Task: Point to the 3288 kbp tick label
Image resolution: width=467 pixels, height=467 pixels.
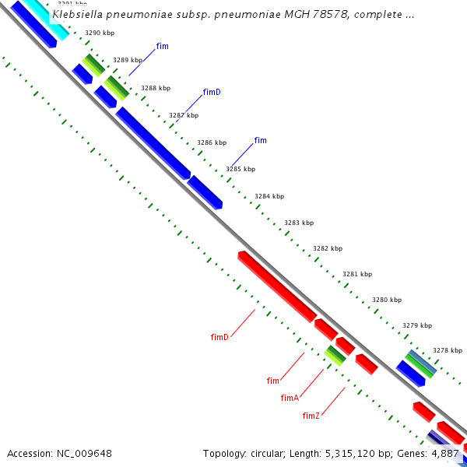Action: click(155, 88)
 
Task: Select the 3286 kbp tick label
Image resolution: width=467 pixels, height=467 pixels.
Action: click(212, 142)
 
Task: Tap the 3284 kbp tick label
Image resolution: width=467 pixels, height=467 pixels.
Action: click(269, 196)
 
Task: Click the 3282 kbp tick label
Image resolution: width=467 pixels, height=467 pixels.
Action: click(328, 248)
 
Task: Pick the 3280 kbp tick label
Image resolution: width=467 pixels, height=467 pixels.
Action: click(387, 300)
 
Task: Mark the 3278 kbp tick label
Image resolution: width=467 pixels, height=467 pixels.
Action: click(448, 350)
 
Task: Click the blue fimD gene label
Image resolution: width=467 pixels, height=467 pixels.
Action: click(212, 92)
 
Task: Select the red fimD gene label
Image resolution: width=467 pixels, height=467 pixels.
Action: click(219, 337)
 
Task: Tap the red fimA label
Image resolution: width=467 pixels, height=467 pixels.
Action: click(290, 398)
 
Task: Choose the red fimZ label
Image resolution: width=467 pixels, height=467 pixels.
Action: click(311, 416)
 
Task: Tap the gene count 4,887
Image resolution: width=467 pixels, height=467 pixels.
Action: click(446, 453)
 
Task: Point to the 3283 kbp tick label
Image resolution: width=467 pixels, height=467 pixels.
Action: click(299, 223)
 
